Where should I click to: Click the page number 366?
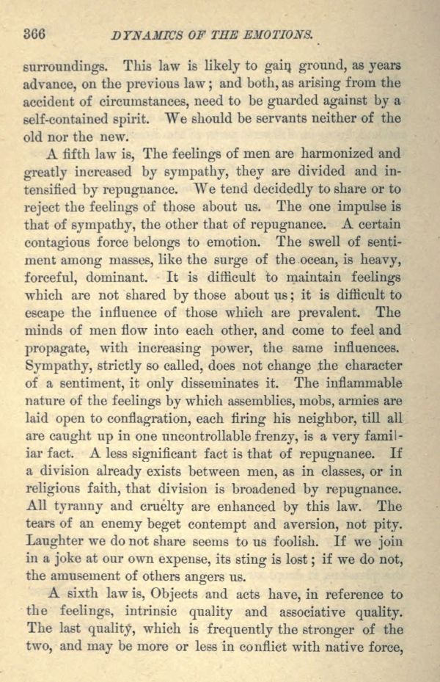[35, 33]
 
